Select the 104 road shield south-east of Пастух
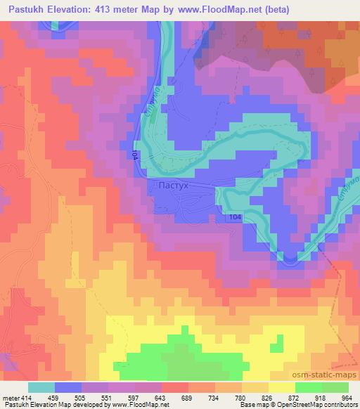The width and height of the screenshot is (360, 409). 235,219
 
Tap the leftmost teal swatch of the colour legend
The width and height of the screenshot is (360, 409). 41,387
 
